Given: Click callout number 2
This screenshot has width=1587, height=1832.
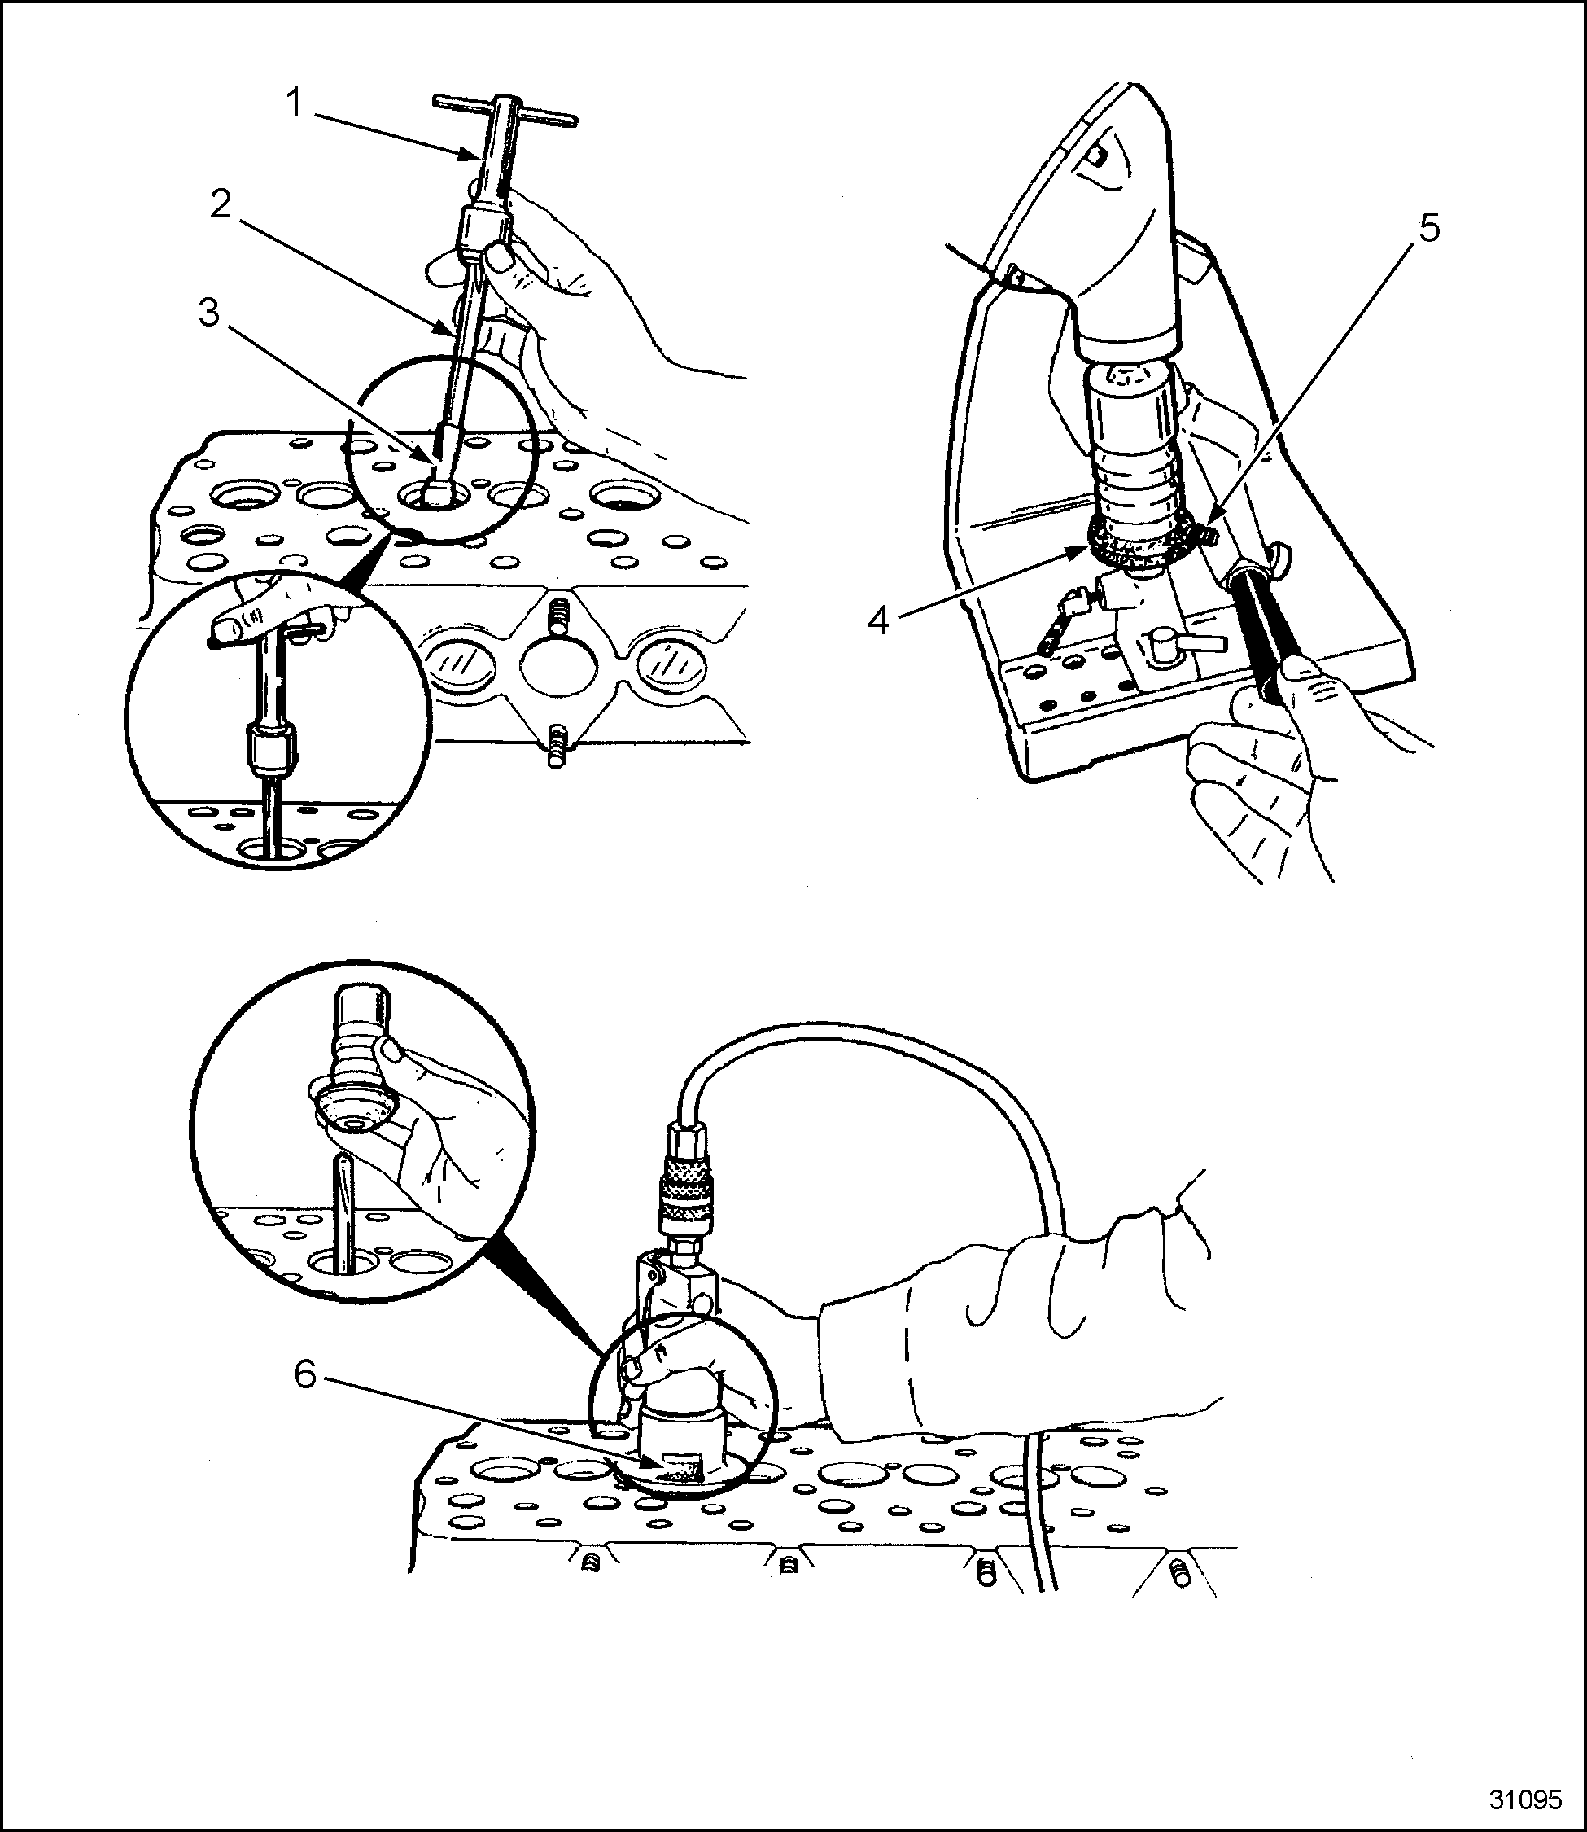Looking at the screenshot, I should tap(221, 205).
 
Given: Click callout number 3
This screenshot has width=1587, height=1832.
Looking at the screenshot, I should tap(209, 313).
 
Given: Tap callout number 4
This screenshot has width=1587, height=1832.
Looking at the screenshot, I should tap(877, 621).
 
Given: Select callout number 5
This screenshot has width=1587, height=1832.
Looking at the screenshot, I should tap(1428, 229).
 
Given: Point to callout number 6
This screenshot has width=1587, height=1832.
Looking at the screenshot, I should tap(304, 1376).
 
